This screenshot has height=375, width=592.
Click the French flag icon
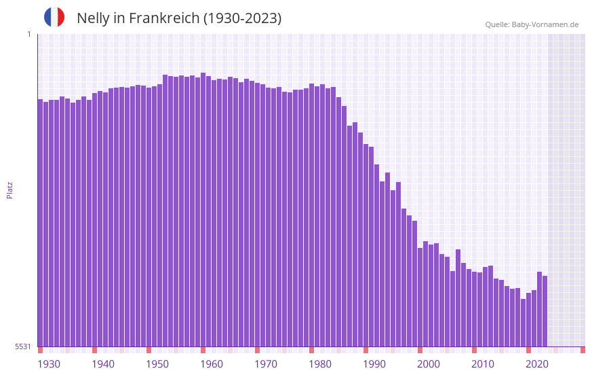54,17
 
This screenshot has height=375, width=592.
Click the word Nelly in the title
93,18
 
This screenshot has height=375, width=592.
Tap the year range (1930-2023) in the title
242,18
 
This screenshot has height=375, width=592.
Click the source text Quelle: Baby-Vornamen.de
532,24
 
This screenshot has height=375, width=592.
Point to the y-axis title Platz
9,190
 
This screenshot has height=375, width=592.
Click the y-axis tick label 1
28,34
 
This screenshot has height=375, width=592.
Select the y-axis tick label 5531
23,346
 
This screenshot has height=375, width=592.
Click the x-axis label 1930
49,364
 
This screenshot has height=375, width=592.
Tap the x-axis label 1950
157,364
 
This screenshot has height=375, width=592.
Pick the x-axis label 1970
266,364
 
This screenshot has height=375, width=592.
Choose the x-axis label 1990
374,364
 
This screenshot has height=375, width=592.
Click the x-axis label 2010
483,364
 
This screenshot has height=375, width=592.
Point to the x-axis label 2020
537,364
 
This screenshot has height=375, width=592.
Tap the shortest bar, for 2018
523,323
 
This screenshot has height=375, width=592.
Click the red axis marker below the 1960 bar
203,350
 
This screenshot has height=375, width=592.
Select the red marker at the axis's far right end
583,350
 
